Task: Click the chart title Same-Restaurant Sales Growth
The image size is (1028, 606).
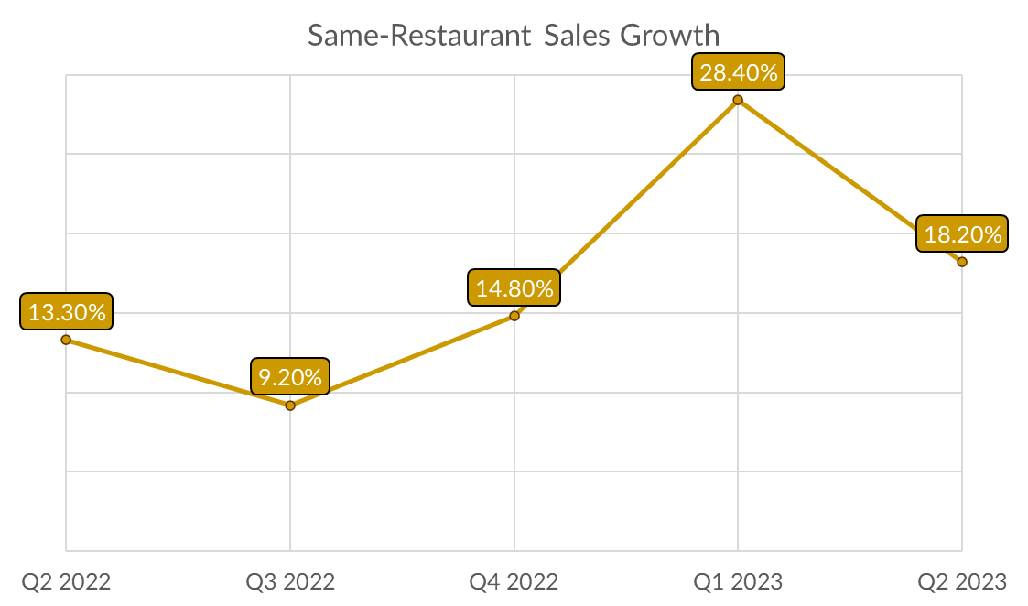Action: click(x=514, y=36)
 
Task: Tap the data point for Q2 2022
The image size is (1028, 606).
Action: click(x=66, y=340)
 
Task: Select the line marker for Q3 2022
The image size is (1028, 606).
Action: click(x=290, y=405)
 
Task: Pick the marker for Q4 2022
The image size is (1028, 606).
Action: click(x=514, y=316)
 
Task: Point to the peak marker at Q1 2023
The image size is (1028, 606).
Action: click(x=738, y=100)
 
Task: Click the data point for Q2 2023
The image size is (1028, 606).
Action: click(x=962, y=262)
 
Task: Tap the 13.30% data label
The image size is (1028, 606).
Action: click(x=67, y=312)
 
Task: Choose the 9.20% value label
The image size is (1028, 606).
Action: click(x=290, y=376)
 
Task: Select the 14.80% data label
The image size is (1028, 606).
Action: click(x=514, y=288)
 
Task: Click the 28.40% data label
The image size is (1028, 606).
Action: click(x=738, y=72)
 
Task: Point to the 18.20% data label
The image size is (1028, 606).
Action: click(x=962, y=234)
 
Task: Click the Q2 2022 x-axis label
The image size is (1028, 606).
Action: click(x=66, y=581)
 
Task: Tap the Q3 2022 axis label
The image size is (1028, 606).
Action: click(x=290, y=581)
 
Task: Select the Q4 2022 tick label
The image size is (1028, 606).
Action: click(x=514, y=581)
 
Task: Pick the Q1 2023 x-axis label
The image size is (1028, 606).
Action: click(x=738, y=581)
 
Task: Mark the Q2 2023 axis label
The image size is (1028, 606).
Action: click(x=962, y=581)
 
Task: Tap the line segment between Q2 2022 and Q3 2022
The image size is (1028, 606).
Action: click(x=179, y=373)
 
